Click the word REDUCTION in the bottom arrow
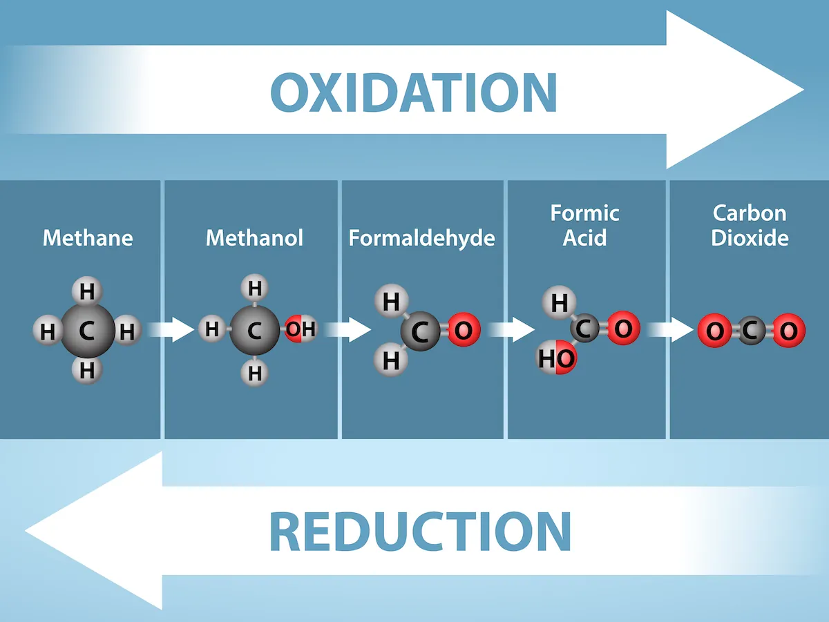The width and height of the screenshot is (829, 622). tap(419, 530)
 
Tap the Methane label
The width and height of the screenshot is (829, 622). tap(88, 238)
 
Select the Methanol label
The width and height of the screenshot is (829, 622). tap(254, 238)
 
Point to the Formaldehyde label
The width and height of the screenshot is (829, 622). tap(421, 238)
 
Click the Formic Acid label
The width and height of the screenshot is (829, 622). tap(584, 225)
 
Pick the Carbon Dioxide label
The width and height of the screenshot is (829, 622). tap(750, 225)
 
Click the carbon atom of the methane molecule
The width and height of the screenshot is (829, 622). tap(87, 331)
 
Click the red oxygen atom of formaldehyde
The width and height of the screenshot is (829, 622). tap(464, 331)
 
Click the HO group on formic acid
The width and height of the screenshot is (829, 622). tap(557, 358)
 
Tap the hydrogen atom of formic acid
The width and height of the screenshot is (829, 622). tap(560, 302)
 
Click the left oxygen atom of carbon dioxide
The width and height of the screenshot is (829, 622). tap(715, 331)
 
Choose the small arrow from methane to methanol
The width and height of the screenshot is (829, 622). tap(172, 329)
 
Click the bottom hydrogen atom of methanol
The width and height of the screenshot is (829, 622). tap(255, 373)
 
